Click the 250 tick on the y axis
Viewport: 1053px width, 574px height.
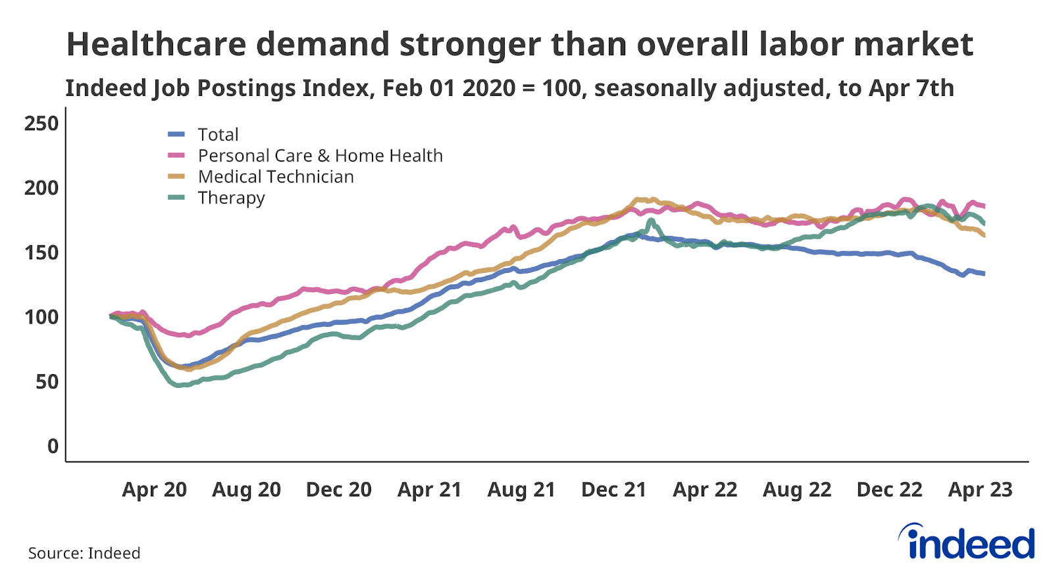pos(41,124)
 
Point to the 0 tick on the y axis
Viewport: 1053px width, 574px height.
pos(53,446)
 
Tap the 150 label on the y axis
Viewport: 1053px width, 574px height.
pos(41,252)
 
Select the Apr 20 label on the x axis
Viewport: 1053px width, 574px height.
pos(154,490)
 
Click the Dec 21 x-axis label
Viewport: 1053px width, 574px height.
pos(613,490)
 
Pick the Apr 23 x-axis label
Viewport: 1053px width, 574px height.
pos(980,490)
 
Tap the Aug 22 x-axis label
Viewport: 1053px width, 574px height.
pos(797,490)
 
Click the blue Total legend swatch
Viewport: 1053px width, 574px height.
pos(176,135)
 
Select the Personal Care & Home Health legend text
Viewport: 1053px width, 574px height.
pos(320,156)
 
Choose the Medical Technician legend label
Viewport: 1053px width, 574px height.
pos(276,177)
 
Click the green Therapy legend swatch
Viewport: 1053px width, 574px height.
pos(176,198)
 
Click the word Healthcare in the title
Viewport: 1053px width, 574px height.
pos(155,45)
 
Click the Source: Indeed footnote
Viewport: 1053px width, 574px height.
pos(84,553)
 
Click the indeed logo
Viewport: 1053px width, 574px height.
pos(967,542)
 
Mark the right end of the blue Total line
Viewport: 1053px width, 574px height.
pos(984,274)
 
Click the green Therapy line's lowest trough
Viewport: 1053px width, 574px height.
pos(178,385)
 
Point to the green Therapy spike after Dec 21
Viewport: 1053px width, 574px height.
pos(651,220)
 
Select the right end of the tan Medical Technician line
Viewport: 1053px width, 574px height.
pos(984,235)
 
